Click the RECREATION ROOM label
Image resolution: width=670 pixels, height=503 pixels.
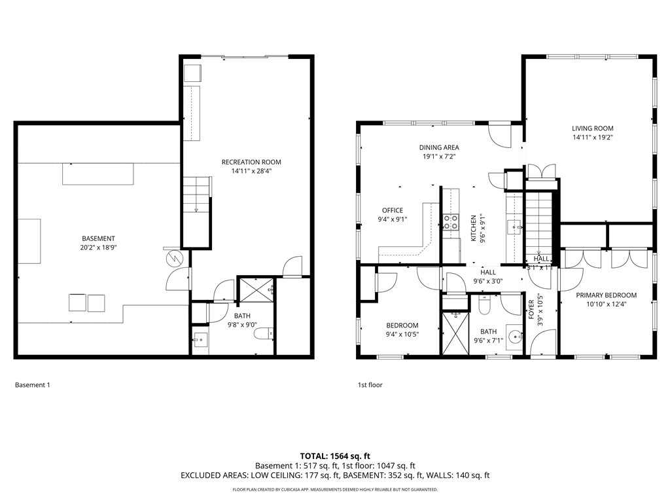pos(251,162)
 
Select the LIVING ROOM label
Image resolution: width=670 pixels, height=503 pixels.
pos(593,128)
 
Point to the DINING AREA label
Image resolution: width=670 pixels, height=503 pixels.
pos(439,147)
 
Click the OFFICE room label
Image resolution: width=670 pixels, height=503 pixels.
pos(393,210)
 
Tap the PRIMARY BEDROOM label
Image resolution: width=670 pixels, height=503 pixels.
pos(606,295)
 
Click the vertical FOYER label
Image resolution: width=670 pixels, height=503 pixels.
pos(531,308)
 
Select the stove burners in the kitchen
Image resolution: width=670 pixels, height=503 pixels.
pos(450,222)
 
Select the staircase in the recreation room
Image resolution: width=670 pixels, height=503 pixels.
pos(196,195)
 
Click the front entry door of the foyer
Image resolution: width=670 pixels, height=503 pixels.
pos(543,343)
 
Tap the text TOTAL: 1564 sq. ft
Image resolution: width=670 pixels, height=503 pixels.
pos(335,456)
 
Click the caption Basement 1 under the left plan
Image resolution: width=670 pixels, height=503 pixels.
pos(32,385)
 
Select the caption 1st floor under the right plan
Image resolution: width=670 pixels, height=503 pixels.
pos(370,385)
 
